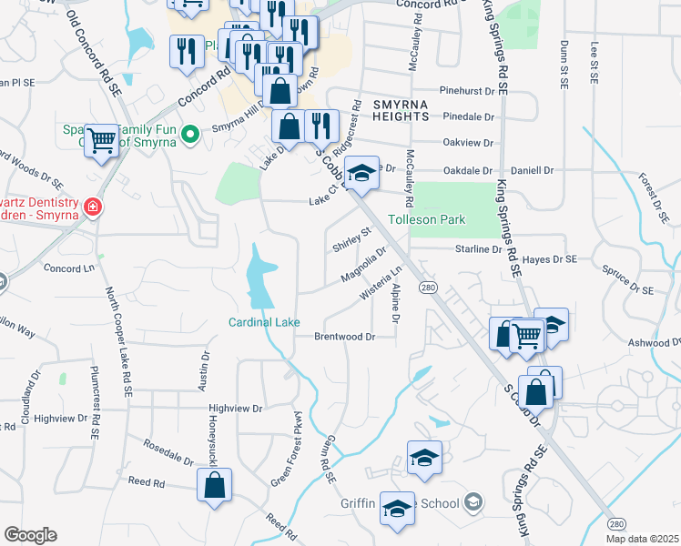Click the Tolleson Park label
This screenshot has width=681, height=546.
(x=427, y=220)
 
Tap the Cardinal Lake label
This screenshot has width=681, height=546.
(x=264, y=322)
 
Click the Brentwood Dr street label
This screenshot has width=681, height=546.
(x=345, y=337)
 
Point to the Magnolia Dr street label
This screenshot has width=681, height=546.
(x=363, y=263)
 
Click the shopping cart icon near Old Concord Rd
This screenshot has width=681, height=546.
(x=103, y=141)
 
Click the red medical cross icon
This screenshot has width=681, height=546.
(x=91, y=208)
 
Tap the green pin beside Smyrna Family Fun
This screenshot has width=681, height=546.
(x=189, y=135)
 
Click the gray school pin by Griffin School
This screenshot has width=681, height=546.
(x=473, y=501)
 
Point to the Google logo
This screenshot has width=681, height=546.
(x=30, y=535)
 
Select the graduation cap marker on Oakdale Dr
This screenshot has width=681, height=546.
(x=361, y=173)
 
